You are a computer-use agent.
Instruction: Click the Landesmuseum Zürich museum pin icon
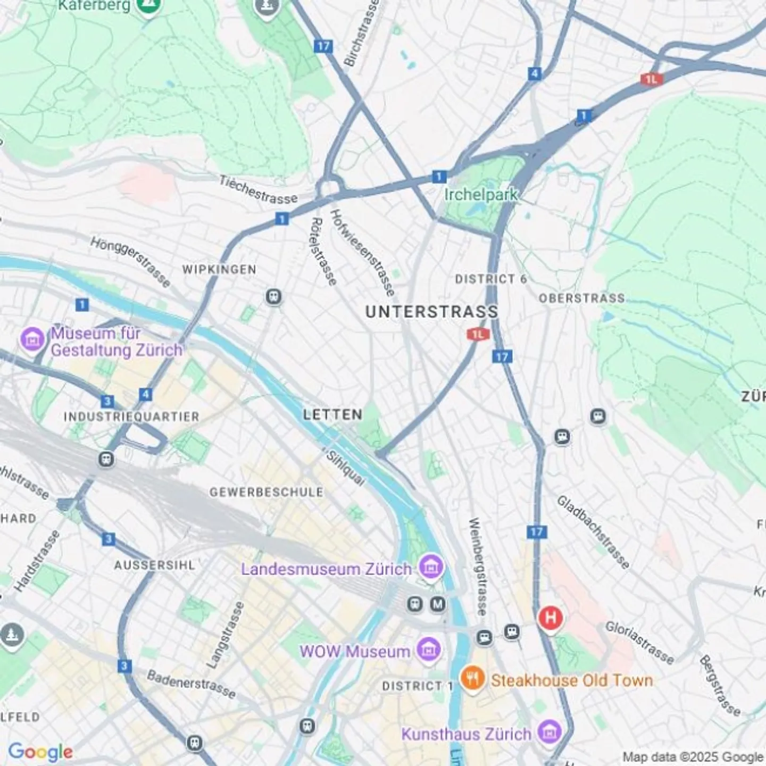pyautogui.click(x=431, y=567)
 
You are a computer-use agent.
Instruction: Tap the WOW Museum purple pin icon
pyautogui.click(x=428, y=650)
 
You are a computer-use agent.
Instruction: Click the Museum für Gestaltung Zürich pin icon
pyautogui.click(x=32, y=339)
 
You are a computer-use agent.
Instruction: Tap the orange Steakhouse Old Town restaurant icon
pyautogui.click(x=472, y=679)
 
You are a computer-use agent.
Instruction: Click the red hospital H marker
pyautogui.click(x=550, y=618)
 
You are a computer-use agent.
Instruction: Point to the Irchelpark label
pyautogui.click(x=480, y=195)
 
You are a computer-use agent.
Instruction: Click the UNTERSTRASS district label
pyautogui.click(x=431, y=312)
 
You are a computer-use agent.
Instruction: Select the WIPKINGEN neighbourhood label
pyautogui.click(x=219, y=270)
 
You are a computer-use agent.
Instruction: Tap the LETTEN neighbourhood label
pyautogui.click(x=332, y=414)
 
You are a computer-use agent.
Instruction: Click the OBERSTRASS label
pyautogui.click(x=581, y=298)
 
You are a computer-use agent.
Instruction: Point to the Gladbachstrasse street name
pyautogui.click(x=593, y=532)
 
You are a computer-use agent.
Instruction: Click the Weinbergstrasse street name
pyautogui.click(x=477, y=567)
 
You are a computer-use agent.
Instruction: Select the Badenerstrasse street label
pyautogui.click(x=191, y=684)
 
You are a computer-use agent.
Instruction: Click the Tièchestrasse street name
pyautogui.click(x=259, y=190)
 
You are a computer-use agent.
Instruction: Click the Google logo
pyautogui.click(x=40, y=752)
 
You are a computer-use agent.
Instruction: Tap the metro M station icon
pyautogui.click(x=438, y=604)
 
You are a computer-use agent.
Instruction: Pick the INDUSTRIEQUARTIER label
pyautogui.click(x=131, y=417)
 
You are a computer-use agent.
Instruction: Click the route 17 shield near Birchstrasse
pyautogui.click(x=323, y=46)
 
